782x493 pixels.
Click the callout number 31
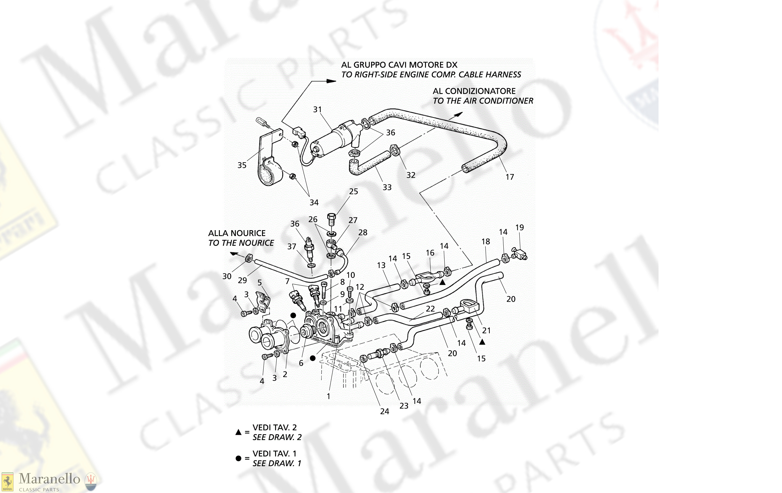click(x=317, y=110)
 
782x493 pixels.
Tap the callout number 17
click(x=510, y=177)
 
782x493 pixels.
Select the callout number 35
click(x=242, y=165)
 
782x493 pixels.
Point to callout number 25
click(x=353, y=192)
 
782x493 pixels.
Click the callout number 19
click(x=519, y=228)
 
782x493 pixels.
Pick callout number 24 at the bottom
click(x=384, y=411)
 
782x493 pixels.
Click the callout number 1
click(x=328, y=396)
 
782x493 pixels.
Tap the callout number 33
click(x=387, y=187)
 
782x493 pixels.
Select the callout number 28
click(x=363, y=232)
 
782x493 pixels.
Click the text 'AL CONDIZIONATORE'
click(x=474, y=91)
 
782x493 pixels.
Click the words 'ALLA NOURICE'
click(x=237, y=233)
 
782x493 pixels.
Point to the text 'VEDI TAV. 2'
click(x=274, y=427)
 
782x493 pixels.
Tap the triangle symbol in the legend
click(x=238, y=432)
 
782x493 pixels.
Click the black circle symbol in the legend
click(x=238, y=458)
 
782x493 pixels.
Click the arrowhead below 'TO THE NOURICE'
click(x=234, y=254)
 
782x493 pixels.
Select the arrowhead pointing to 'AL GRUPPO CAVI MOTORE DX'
click(x=331, y=81)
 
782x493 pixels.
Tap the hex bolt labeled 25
click(x=331, y=219)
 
